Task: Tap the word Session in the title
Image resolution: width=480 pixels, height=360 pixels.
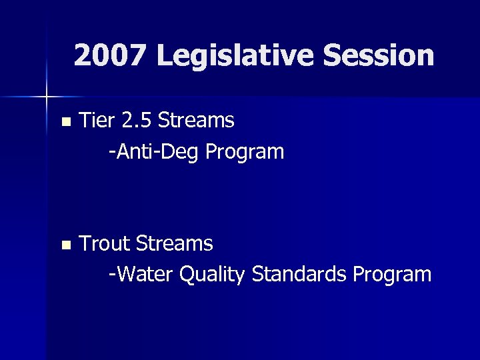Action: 379,55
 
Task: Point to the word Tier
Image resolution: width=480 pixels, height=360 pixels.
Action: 97,121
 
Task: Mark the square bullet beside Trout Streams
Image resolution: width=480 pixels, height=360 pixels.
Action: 65,245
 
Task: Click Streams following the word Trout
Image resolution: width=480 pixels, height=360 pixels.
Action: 174,244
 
